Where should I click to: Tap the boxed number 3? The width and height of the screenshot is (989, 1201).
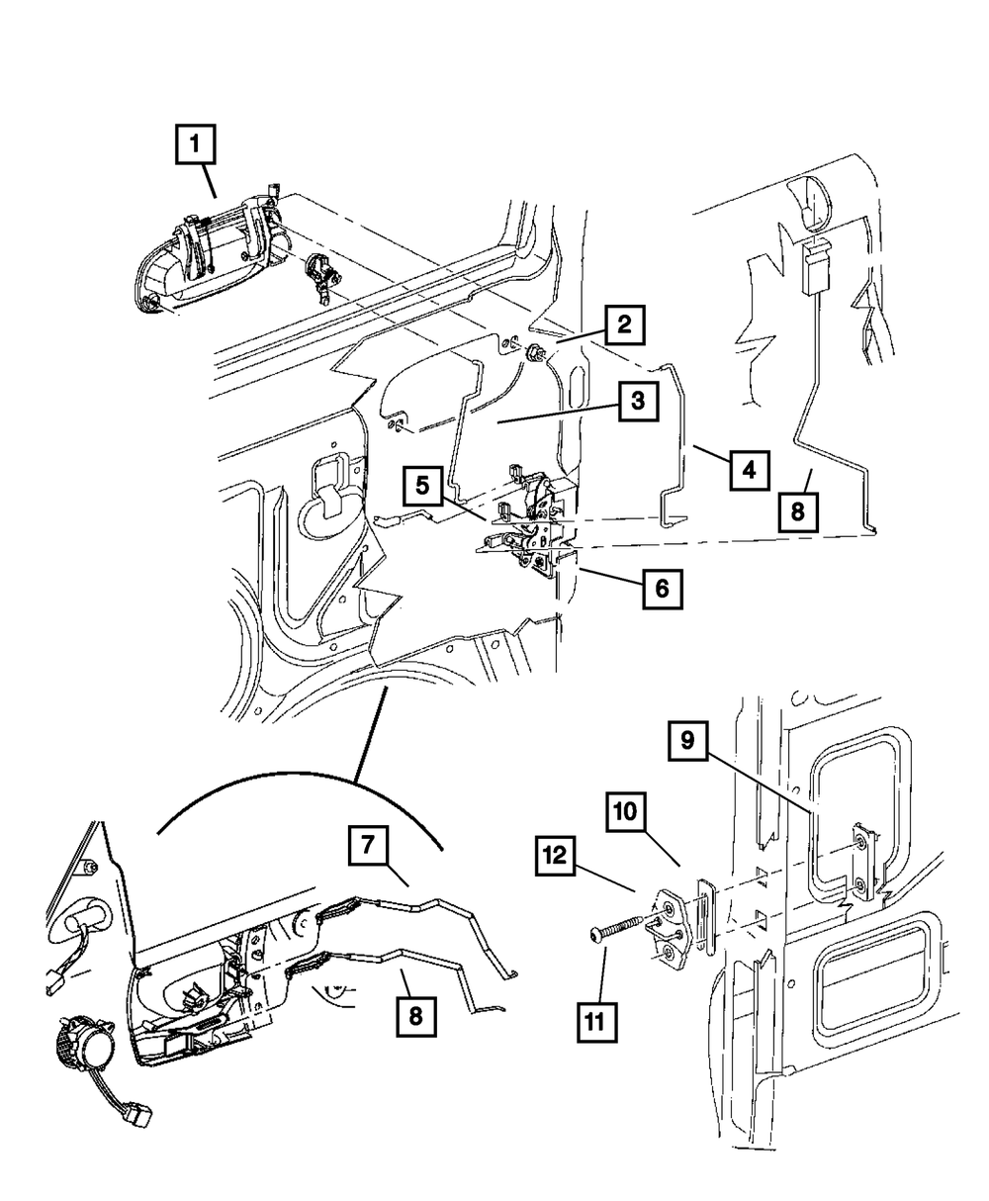coord(638,402)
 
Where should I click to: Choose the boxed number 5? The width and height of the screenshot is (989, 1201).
coord(422,486)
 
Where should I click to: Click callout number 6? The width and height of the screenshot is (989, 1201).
coord(661,589)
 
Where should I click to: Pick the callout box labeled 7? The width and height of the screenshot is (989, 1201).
coord(367,847)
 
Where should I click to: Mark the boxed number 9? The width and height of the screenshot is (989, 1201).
coord(694,739)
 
